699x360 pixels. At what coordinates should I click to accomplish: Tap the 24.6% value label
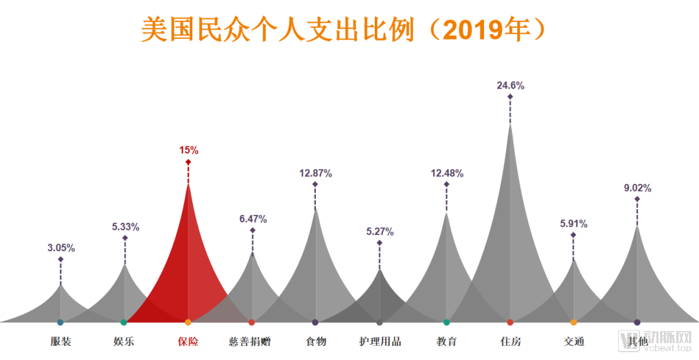click(510, 85)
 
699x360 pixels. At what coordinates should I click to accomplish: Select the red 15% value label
click(188, 150)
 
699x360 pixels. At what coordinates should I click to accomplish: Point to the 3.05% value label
click(61, 247)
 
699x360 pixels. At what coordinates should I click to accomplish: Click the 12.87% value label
click(315, 173)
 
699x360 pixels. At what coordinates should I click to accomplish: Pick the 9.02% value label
click(637, 188)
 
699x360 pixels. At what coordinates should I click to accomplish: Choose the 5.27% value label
click(379, 231)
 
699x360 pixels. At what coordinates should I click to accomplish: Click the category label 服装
click(61, 341)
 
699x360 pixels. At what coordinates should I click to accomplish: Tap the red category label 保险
click(188, 341)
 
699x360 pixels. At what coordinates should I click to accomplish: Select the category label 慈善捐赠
click(252, 341)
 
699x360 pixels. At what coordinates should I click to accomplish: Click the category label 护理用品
click(380, 341)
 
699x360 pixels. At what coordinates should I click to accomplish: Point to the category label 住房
click(510, 341)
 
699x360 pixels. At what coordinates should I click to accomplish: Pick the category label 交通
click(573, 341)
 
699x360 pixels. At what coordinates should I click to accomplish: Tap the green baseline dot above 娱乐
click(124, 322)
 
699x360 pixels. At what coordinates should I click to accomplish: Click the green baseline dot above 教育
click(447, 322)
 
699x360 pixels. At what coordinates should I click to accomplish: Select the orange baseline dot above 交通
click(573, 322)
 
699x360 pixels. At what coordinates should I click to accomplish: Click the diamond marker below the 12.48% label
click(446, 185)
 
